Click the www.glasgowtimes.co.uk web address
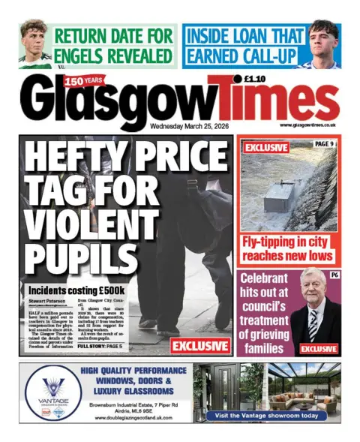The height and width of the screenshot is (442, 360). (x=307, y=125)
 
